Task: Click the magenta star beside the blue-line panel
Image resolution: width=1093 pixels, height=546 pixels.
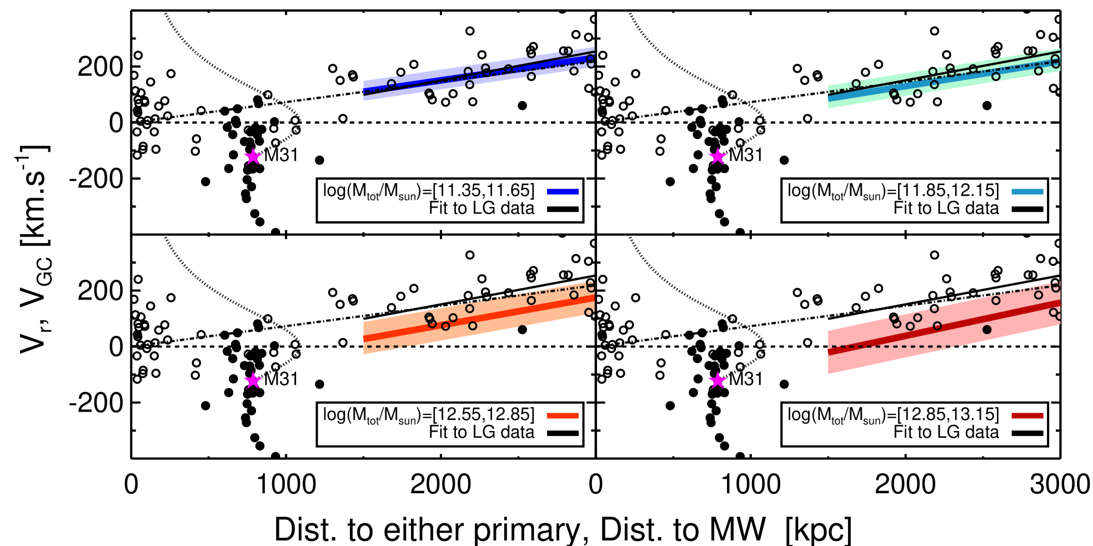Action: coord(253,156)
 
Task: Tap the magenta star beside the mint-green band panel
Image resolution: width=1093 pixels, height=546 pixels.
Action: coord(718,156)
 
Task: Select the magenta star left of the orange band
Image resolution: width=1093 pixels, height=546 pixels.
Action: coord(253,381)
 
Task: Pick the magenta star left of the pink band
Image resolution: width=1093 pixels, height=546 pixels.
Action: coord(718,381)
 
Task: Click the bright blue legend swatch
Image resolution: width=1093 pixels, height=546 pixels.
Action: coord(563,192)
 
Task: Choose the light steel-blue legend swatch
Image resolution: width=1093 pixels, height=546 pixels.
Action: coord(1027,192)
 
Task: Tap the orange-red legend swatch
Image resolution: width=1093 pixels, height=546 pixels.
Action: coord(563,416)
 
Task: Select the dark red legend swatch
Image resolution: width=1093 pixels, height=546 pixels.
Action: coord(1027,416)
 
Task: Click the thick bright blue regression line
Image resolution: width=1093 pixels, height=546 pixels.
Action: coord(422,82)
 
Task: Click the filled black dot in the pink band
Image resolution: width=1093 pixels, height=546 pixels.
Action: coord(987,330)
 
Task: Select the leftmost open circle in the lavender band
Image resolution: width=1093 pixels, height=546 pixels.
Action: coord(392,84)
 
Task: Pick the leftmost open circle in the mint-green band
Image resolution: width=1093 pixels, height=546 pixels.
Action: coord(856,84)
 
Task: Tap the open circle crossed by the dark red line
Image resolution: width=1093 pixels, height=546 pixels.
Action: coord(937,326)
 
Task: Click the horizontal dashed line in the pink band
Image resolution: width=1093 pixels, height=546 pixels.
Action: coord(889,347)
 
